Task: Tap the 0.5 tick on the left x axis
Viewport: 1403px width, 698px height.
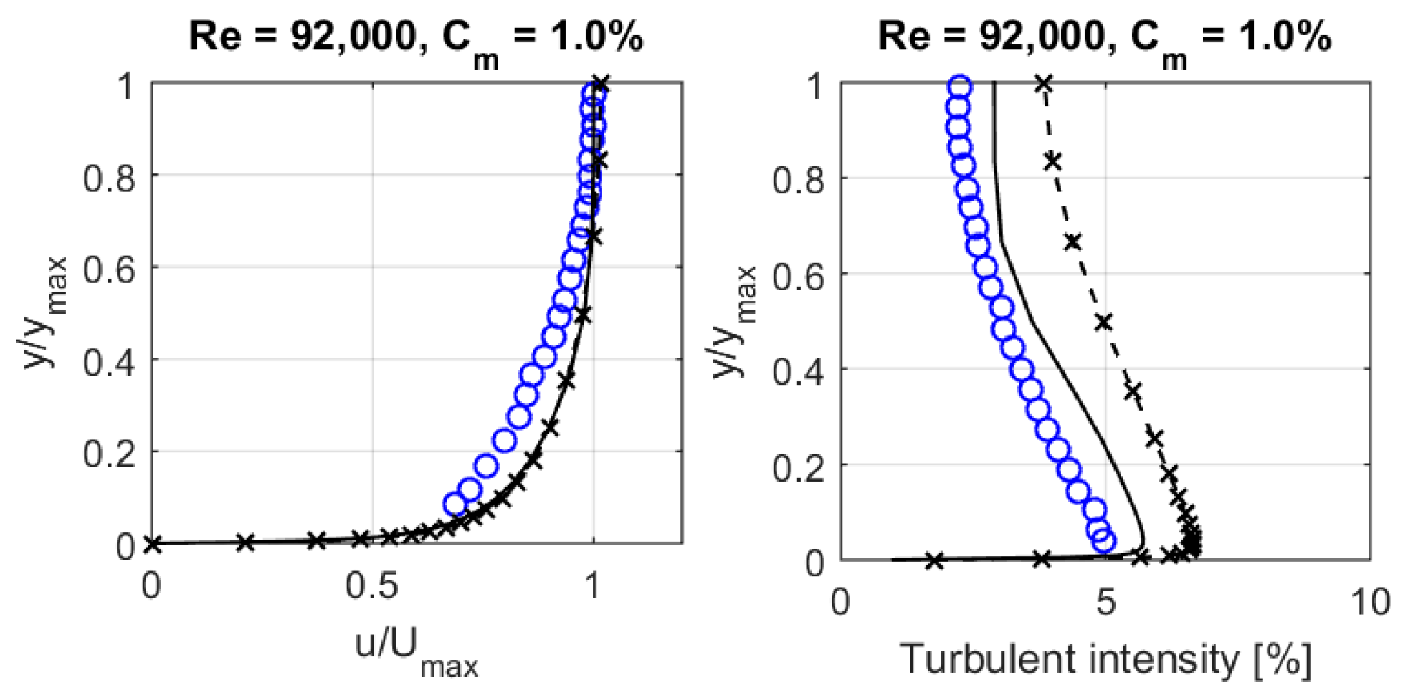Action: click(x=372, y=586)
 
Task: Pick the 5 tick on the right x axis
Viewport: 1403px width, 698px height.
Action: click(x=1105, y=602)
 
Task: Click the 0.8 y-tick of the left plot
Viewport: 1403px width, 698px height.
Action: click(x=109, y=178)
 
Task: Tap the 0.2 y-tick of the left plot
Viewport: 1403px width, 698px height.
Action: click(x=109, y=454)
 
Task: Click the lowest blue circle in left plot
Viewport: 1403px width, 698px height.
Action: click(x=455, y=505)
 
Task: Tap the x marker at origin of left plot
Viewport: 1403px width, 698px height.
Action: click(x=152, y=544)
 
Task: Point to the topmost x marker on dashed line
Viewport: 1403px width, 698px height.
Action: click(x=1044, y=84)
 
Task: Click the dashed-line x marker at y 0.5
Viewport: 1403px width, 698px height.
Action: click(x=1104, y=322)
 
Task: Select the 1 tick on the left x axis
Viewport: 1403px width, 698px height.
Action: click(x=592, y=586)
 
